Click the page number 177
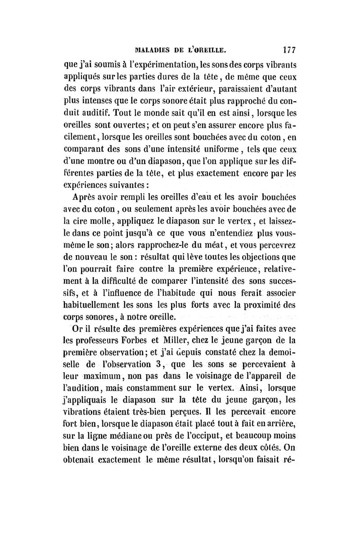point(286,48)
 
